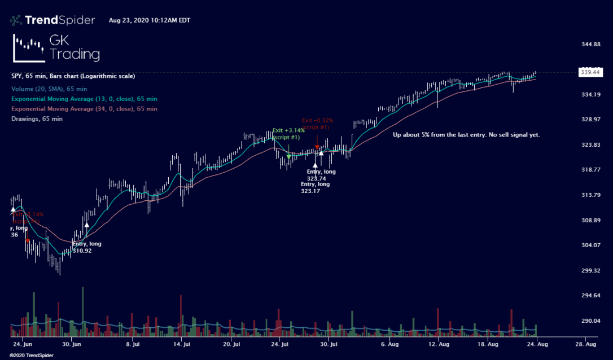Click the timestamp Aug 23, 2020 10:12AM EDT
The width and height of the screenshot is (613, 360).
click(x=150, y=21)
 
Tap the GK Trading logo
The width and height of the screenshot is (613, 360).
click(x=56, y=47)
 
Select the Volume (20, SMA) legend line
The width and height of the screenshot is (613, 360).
click(x=49, y=89)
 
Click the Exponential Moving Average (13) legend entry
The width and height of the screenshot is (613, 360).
click(x=84, y=99)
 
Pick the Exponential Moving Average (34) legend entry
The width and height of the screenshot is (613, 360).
click(x=84, y=108)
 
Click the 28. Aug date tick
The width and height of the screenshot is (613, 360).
click(x=585, y=343)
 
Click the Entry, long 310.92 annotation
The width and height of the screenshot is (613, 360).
click(x=87, y=247)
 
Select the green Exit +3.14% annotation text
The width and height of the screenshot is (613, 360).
click(x=288, y=134)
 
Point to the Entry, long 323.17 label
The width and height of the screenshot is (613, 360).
click(x=315, y=187)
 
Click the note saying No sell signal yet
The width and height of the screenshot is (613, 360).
click(x=466, y=135)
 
